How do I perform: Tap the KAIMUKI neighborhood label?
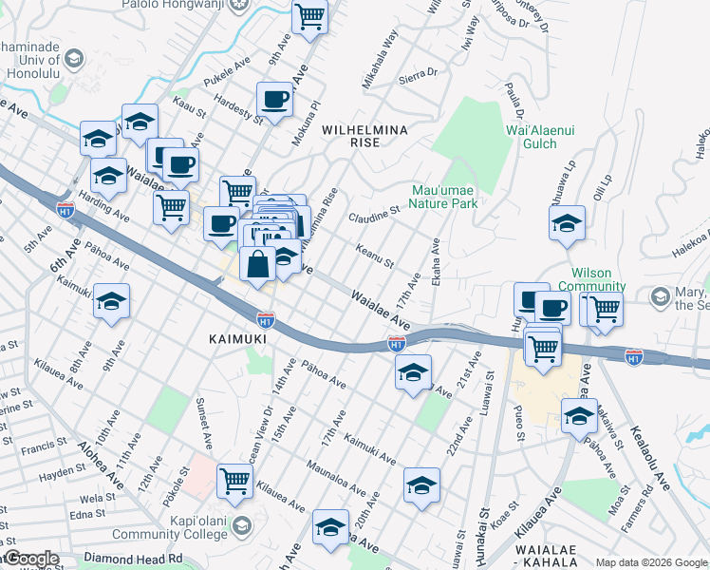click(x=234, y=338)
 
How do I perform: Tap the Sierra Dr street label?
click(x=418, y=73)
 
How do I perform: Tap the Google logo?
click(x=30, y=559)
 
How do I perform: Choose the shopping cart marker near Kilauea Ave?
click(x=234, y=480)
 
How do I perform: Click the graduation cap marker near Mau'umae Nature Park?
click(x=567, y=224)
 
